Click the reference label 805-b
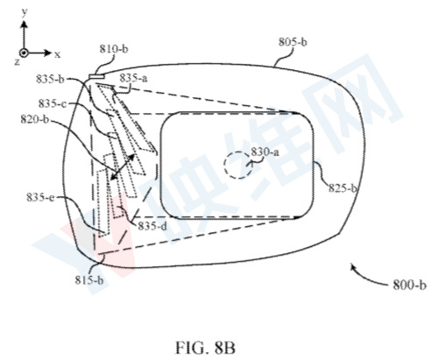[x=293, y=42]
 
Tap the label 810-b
[x=114, y=49]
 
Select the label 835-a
[x=133, y=78]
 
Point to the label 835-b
[x=50, y=79]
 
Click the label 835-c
[x=53, y=103]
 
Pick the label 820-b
[x=35, y=119]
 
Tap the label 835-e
[x=40, y=197]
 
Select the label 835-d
[x=152, y=226]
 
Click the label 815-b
[x=89, y=280]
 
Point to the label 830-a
[x=266, y=152]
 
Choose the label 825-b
[x=343, y=187]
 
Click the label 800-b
[x=409, y=285]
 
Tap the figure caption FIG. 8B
[x=205, y=348]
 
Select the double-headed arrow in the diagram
[x=123, y=166]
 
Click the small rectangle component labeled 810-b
[x=96, y=76]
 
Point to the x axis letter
[x=57, y=54]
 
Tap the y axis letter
[x=25, y=11]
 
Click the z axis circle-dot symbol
[x=24, y=53]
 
